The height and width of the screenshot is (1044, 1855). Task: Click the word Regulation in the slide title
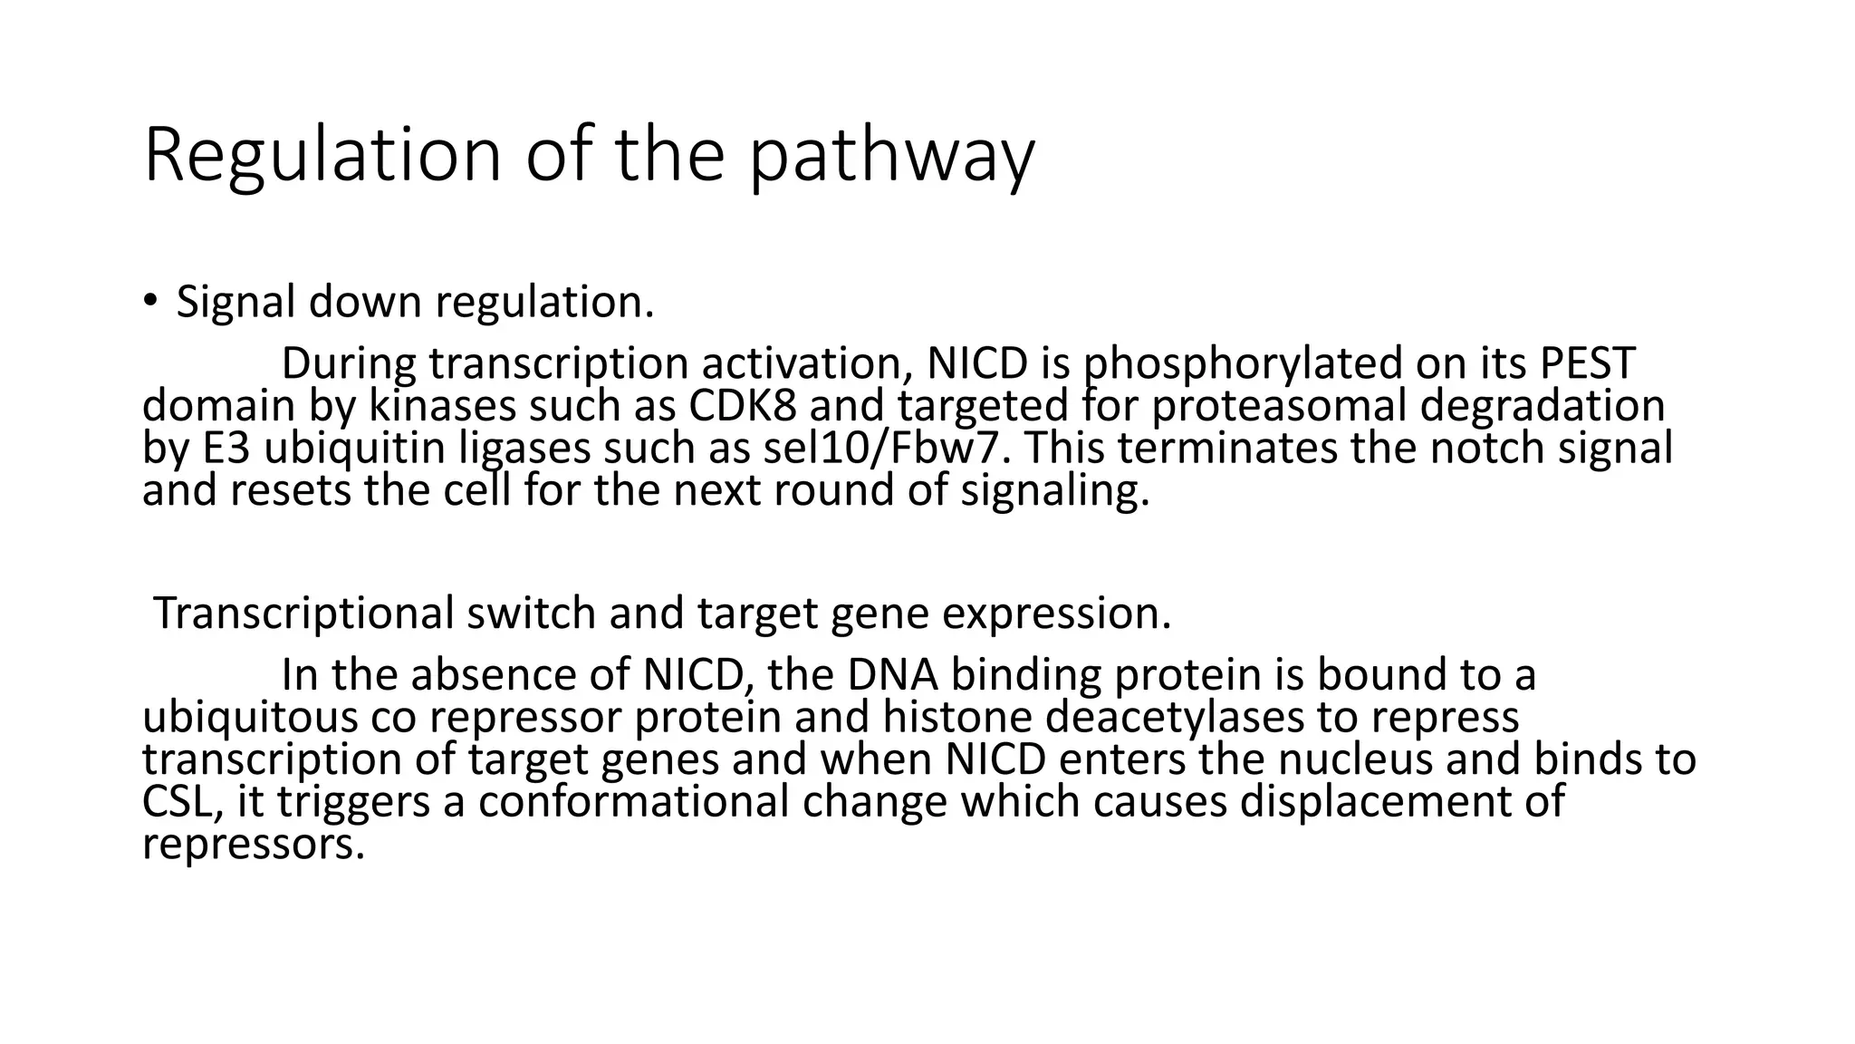(x=322, y=157)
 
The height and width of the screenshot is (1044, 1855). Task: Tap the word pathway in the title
(x=891, y=157)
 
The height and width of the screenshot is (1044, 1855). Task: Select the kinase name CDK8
(x=743, y=405)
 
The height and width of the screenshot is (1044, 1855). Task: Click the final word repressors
(x=253, y=844)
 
